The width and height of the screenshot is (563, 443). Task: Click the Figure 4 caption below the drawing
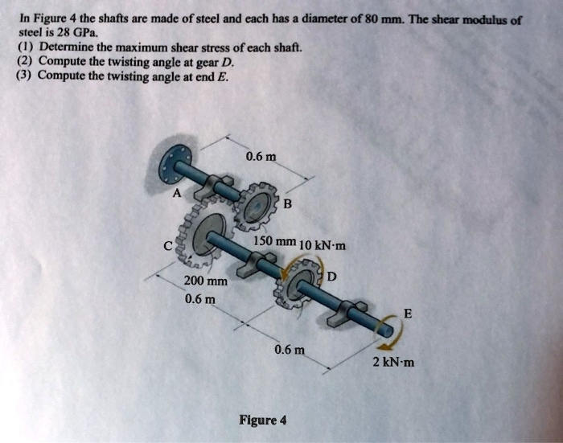[x=262, y=420]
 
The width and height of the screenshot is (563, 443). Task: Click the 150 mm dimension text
[x=274, y=241]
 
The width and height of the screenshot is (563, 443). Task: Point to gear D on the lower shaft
[x=302, y=281]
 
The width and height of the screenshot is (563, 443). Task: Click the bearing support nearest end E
[x=352, y=309]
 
